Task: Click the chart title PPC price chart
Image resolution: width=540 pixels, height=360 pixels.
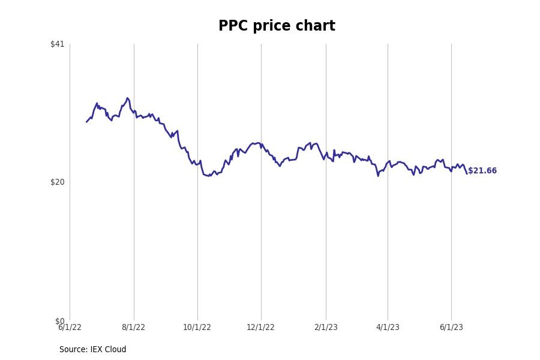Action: point(277,26)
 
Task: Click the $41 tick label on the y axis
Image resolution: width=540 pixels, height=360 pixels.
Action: point(57,44)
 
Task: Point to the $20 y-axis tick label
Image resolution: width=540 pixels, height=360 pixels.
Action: point(57,182)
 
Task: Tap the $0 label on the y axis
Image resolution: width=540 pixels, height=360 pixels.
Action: point(59,321)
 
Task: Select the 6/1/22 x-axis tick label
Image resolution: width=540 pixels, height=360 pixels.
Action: point(70,328)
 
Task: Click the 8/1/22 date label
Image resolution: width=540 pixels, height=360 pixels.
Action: point(133,328)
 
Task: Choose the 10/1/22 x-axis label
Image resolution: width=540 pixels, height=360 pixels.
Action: point(197,328)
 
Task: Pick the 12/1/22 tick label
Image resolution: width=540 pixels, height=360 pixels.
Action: point(260,328)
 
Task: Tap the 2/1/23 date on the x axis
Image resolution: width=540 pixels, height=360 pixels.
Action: point(326,328)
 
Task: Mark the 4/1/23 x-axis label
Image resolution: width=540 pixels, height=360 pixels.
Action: point(388,328)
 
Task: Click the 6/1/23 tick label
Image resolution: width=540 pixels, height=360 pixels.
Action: point(451,328)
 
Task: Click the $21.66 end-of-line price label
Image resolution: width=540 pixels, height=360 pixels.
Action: point(482,171)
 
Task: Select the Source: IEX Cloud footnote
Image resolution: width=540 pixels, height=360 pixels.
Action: point(93,350)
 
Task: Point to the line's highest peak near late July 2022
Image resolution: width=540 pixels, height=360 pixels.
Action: point(127,98)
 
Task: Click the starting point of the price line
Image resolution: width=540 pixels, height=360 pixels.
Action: point(86,122)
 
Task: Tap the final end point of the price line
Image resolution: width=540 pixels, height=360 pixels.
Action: point(467,173)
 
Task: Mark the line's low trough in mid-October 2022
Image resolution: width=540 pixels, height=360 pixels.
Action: point(208,176)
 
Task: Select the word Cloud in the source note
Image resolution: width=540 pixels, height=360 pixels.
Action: point(115,350)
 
